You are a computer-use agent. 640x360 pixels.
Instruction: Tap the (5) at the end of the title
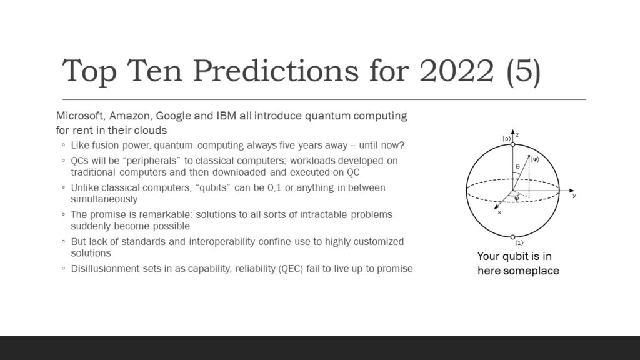524,72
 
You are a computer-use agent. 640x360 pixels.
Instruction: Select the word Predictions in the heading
276,71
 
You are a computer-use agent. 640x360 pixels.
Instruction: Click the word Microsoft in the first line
81,116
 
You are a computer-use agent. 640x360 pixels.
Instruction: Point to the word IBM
226,116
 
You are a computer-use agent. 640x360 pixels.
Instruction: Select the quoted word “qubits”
213,187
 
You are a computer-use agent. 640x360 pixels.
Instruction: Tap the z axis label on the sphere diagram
517,135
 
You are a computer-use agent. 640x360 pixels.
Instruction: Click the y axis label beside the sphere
574,196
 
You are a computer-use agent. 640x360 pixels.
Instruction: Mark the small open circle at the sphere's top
513,144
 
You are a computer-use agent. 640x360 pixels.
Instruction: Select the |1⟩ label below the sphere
519,243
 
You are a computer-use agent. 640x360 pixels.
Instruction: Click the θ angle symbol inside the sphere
517,166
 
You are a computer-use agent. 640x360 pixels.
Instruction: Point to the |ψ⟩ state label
535,159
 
